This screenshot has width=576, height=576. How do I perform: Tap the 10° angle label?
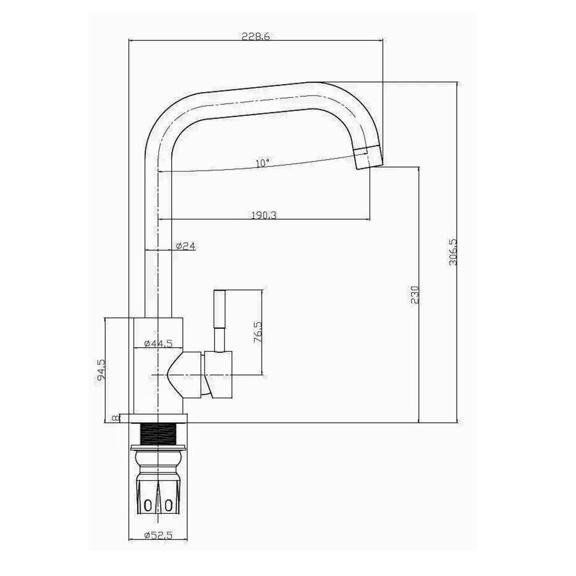(x=263, y=163)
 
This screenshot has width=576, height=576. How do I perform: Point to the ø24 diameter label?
(x=186, y=246)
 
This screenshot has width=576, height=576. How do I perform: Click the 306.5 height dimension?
(x=453, y=252)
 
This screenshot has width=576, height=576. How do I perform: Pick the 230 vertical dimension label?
(x=415, y=295)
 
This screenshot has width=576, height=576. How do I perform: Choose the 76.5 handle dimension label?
(x=258, y=332)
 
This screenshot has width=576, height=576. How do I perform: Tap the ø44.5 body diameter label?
(x=158, y=344)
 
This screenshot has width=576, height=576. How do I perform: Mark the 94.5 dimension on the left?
(x=102, y=369)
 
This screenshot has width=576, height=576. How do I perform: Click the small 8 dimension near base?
(x=115, y=418)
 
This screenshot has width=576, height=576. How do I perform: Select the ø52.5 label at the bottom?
(x=158, y=535)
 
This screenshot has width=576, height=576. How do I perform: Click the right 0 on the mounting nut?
(x=168, y=505)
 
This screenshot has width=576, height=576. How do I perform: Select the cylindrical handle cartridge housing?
(x=219, y=373)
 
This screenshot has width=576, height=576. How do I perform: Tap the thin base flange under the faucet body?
(x=158, y=418)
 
